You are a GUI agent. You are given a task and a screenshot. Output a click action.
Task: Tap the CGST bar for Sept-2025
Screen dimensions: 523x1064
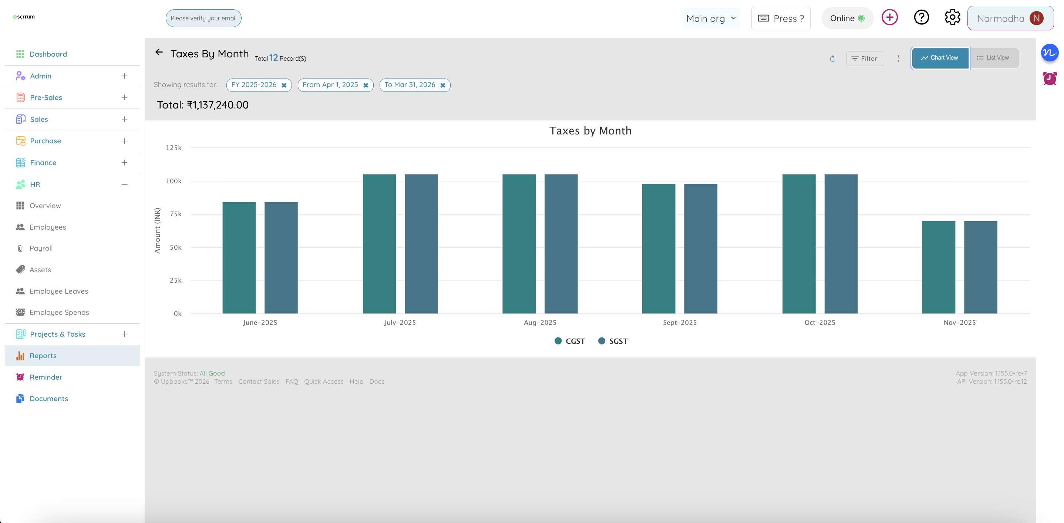point(659,249)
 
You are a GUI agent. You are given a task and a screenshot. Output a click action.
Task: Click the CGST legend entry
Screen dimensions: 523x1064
point(570,341)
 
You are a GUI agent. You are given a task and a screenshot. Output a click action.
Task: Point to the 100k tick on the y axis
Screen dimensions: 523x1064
point(174,181)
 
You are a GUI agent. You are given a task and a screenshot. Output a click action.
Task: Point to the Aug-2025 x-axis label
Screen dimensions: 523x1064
point(540,323)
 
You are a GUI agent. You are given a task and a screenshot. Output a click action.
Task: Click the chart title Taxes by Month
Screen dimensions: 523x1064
point(590,131)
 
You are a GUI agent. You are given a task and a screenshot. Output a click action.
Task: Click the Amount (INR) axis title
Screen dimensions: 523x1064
point(157,230)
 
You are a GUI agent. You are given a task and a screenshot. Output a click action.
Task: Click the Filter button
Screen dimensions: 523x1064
point(865,58)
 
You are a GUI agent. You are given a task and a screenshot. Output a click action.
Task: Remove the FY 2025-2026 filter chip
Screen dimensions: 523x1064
point(284,85)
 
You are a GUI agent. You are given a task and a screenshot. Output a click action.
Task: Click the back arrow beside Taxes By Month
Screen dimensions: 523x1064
point(159,52)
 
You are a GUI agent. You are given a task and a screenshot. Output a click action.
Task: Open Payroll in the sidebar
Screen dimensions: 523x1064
point(41,248)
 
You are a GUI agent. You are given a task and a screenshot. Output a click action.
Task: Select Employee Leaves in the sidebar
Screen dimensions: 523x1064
point(59,291)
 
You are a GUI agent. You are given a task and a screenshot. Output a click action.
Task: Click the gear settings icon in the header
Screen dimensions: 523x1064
point(952,18)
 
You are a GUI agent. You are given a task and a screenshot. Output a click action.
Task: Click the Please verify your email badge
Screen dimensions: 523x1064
point(203,18)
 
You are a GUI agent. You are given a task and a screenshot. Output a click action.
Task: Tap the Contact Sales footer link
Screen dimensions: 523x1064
point(259,381)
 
